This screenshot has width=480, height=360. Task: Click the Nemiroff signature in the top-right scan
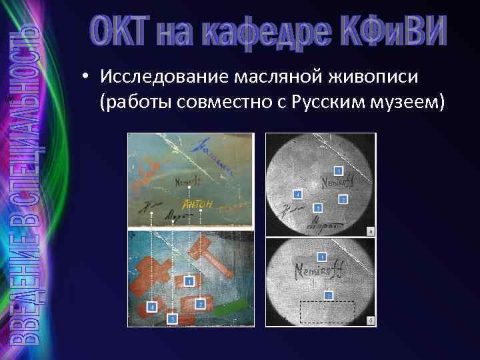(x=338, y=181)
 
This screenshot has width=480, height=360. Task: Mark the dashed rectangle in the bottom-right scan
(x=327, y=312)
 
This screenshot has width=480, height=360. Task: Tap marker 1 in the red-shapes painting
(x=190, y=282)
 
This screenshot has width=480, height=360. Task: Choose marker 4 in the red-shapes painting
(x=152, y=306)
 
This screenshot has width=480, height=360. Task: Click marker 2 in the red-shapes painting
(x=200, y=304)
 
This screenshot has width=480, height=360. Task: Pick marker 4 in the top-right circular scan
(x=297, y=194)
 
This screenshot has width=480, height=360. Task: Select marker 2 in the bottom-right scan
(x=328, y=295)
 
